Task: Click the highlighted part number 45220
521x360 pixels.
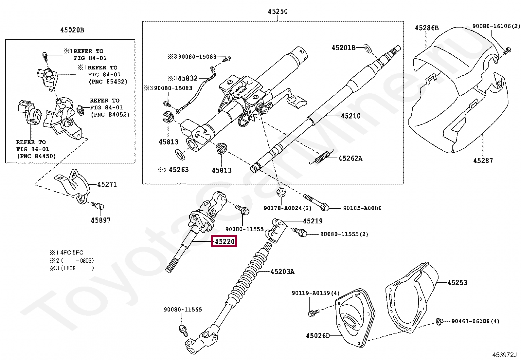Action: click(224, 242)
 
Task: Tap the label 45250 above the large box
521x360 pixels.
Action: click(278, 11)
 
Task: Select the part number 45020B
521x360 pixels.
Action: click(72, 30)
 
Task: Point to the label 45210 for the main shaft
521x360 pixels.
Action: click(350, 116)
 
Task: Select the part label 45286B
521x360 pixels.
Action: click(426, 28)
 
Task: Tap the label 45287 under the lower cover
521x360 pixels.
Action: click(483, 161)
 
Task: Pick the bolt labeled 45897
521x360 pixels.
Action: click(97, 206)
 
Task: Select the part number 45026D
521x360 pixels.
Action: click(318, 335)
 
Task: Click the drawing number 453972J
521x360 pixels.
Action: click(504, 354)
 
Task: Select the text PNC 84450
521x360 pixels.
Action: click(36, 156)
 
